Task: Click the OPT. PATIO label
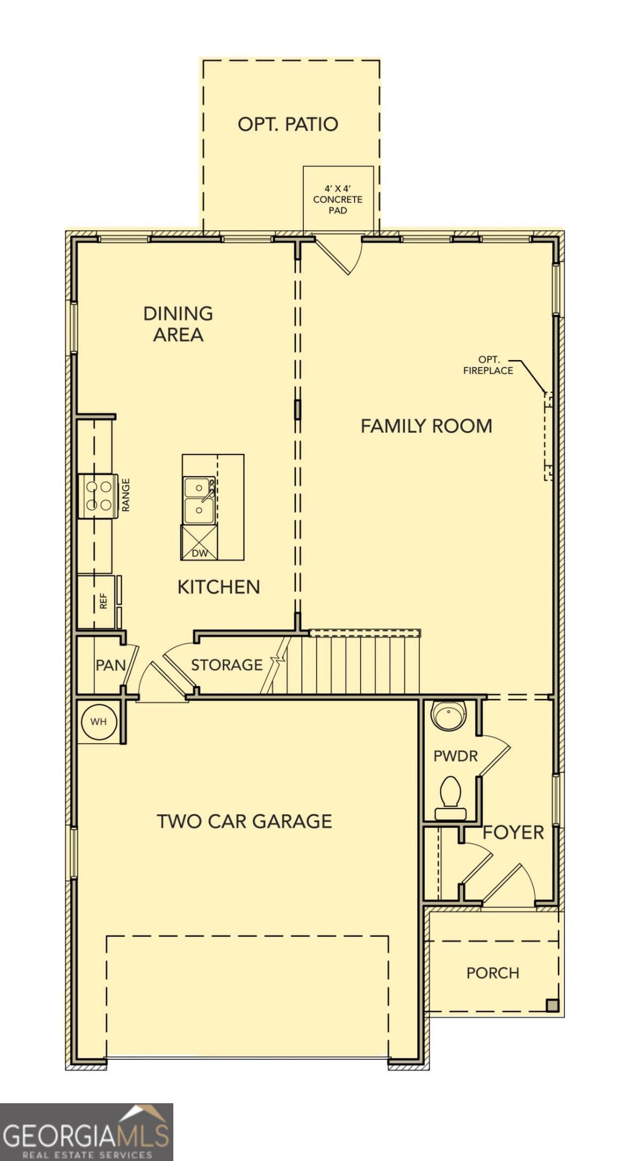(x=288, y=124)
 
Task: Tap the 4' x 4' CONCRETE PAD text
(x=338, y=200)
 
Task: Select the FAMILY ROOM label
(x=426, y=426)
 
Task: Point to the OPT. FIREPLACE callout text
(x=488, y=365)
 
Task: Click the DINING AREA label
(x=178, y=324)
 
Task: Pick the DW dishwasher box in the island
(x=200, y=543)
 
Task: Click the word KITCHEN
(x=218, y=587)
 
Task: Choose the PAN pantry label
(x=111, y=665)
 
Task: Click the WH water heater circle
(x=98, y=722)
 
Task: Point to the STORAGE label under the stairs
(x=227, y=664)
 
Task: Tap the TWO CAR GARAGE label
(x=244, y=821)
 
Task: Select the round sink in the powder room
(x=448, y=715)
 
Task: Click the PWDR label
(x=455, y=756)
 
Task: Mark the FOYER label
(x=513, y=832)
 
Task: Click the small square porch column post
(x=552, y=1005)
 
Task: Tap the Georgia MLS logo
(x=86, y=1132)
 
